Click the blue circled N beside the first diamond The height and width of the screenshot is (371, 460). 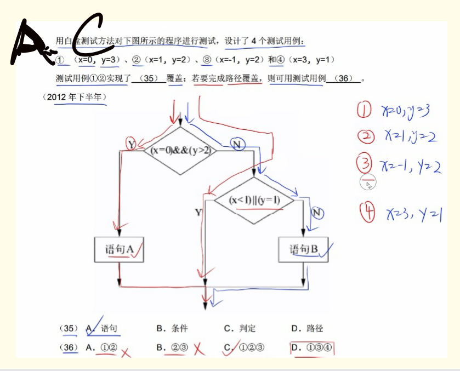coord(237,144)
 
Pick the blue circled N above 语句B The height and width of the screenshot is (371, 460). coord(317,212)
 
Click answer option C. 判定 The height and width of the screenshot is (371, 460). coord(240,328)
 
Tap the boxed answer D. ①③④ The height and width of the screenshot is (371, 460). coord(311,347)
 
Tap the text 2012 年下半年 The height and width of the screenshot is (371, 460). coord(73,97)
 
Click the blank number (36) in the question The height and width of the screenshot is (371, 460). coord(343,78)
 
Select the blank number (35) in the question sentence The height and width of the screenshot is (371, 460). coord(149,78)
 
